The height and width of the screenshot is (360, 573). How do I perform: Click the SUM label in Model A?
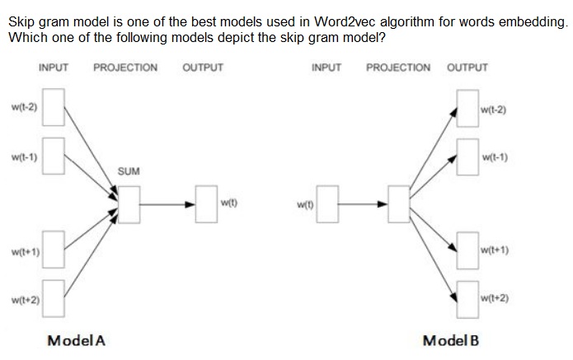click(x=129, y=171)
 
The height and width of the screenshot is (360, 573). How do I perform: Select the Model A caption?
click(x=77, y=340)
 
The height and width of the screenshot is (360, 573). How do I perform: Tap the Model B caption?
click(x=450, y=340)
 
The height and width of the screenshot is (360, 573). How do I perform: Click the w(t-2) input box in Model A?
click(x=54, y=110)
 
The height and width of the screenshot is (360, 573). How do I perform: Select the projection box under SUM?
click(x=129, y=203)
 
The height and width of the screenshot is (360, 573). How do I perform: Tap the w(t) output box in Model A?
click(x=206, y=203)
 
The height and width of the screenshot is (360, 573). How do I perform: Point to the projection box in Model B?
click(x=401, y=203)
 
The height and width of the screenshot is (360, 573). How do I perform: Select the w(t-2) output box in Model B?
click(x=467, y=110)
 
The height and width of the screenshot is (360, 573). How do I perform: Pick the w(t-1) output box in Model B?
click(x=467, y=157)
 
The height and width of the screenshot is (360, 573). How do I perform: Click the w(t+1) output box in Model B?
click(x=467, y=250)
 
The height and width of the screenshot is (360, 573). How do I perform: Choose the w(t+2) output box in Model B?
click(x=467, y=296)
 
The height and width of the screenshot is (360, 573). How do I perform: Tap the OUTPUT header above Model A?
click(x=202, y=68)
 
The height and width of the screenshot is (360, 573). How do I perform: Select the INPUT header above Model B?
click(x=327, y=68)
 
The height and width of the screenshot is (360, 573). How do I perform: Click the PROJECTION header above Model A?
click(x=125, y=68)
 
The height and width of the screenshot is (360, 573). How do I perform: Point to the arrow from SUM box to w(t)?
click(x=167, y=203)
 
